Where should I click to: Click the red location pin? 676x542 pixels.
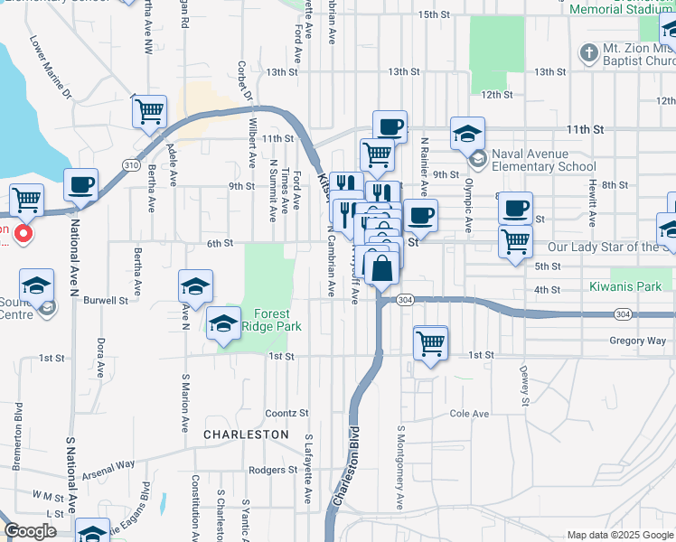click(23, 233)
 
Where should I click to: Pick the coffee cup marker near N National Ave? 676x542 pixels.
click(80, 184)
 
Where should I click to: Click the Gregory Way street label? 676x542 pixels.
click(638, 341)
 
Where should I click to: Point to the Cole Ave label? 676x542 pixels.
click(469, 414)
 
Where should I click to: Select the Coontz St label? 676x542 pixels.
click(286, 414)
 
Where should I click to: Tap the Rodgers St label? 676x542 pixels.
click(268, 470)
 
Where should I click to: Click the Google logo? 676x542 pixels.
click(31, 531)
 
